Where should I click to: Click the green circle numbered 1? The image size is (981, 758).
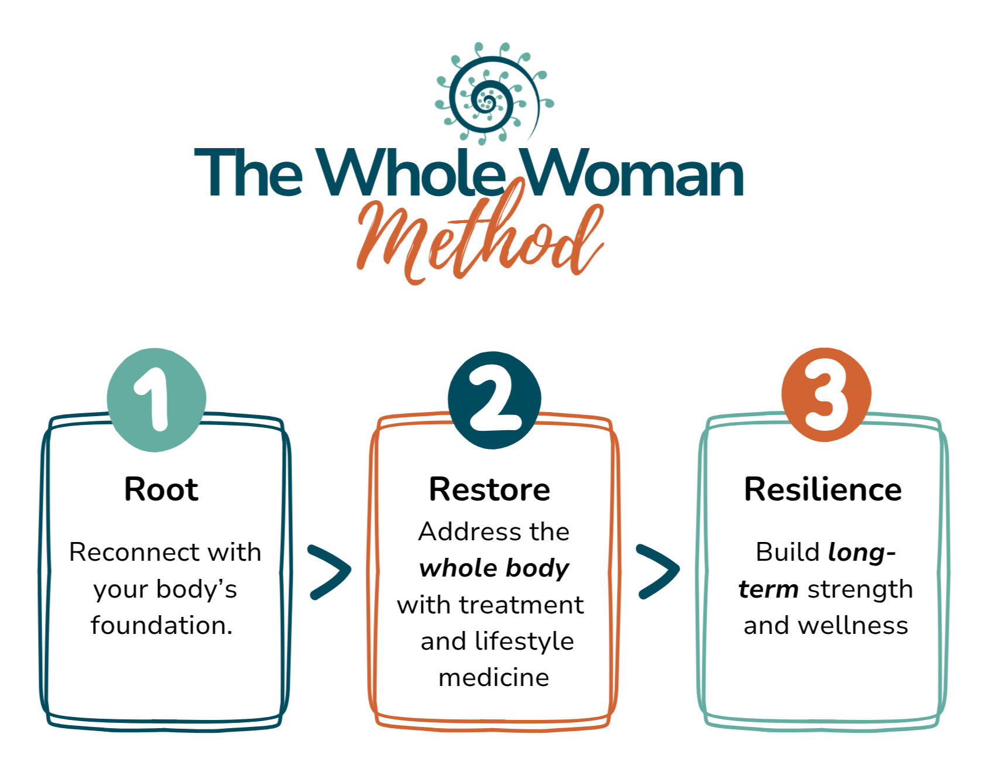point(156,400)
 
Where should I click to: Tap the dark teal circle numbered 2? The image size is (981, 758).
point(494,400)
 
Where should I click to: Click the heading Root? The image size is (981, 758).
point(161,489)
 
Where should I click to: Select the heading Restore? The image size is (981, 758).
point(489,489)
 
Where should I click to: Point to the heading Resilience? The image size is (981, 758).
point(822,489)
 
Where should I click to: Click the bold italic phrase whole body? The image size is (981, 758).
point(494,568)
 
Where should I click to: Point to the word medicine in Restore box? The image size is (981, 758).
point(493,678)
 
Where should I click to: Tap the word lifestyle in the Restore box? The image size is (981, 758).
point(524,642)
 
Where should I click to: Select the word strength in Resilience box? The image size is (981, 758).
point(859,589)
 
